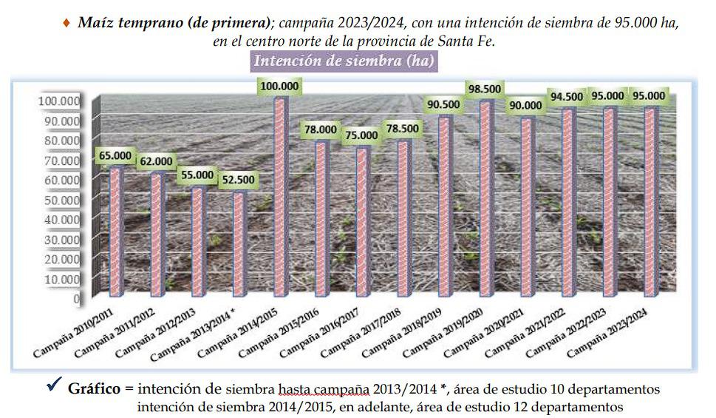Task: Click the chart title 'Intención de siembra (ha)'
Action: click(x=344, y=61)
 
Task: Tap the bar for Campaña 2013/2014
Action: click(x=238, y=244)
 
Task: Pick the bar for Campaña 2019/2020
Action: click(x=485, y=200)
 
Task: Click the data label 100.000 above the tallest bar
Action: click(x=279, y=87)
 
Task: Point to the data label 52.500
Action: click(x=238, y=180)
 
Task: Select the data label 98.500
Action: click(x=485, y=89)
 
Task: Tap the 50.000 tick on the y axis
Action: click(x=64, y=200)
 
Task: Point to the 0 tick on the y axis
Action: click(x=77, y=299)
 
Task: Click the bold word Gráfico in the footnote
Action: click(x=94, y=388)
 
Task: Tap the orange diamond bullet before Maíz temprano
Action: click(x=68, y=23)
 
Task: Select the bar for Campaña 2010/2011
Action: click(x=117, y=233)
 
